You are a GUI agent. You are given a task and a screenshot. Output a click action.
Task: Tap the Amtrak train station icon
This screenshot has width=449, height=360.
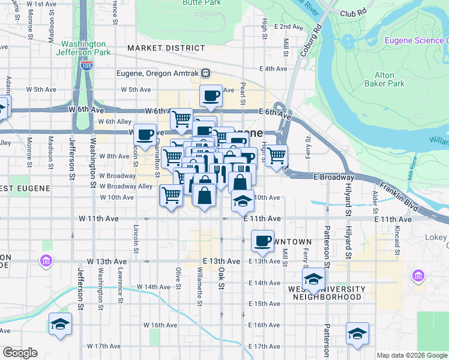pyautogui.click(x=205, y=73)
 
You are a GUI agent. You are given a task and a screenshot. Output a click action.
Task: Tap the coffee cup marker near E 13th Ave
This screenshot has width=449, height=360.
pyautogui.click(x=262, y=241)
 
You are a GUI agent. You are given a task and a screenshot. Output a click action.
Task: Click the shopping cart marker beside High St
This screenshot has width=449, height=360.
pyautogui.click(x=276, y=156)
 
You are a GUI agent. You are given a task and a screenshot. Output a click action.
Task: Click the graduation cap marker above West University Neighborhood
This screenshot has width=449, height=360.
pyautogui.click(x=313, y=279)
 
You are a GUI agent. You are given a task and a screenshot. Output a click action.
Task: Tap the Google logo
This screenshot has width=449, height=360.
pyautogui.click(x=20, y=353)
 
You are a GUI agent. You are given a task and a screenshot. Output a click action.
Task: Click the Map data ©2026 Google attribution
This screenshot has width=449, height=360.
pyautogui.click(x=411, y=355)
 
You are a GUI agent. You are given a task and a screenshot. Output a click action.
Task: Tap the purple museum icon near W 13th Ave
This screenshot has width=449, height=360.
pyautogui.click(x=46, y=261)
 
